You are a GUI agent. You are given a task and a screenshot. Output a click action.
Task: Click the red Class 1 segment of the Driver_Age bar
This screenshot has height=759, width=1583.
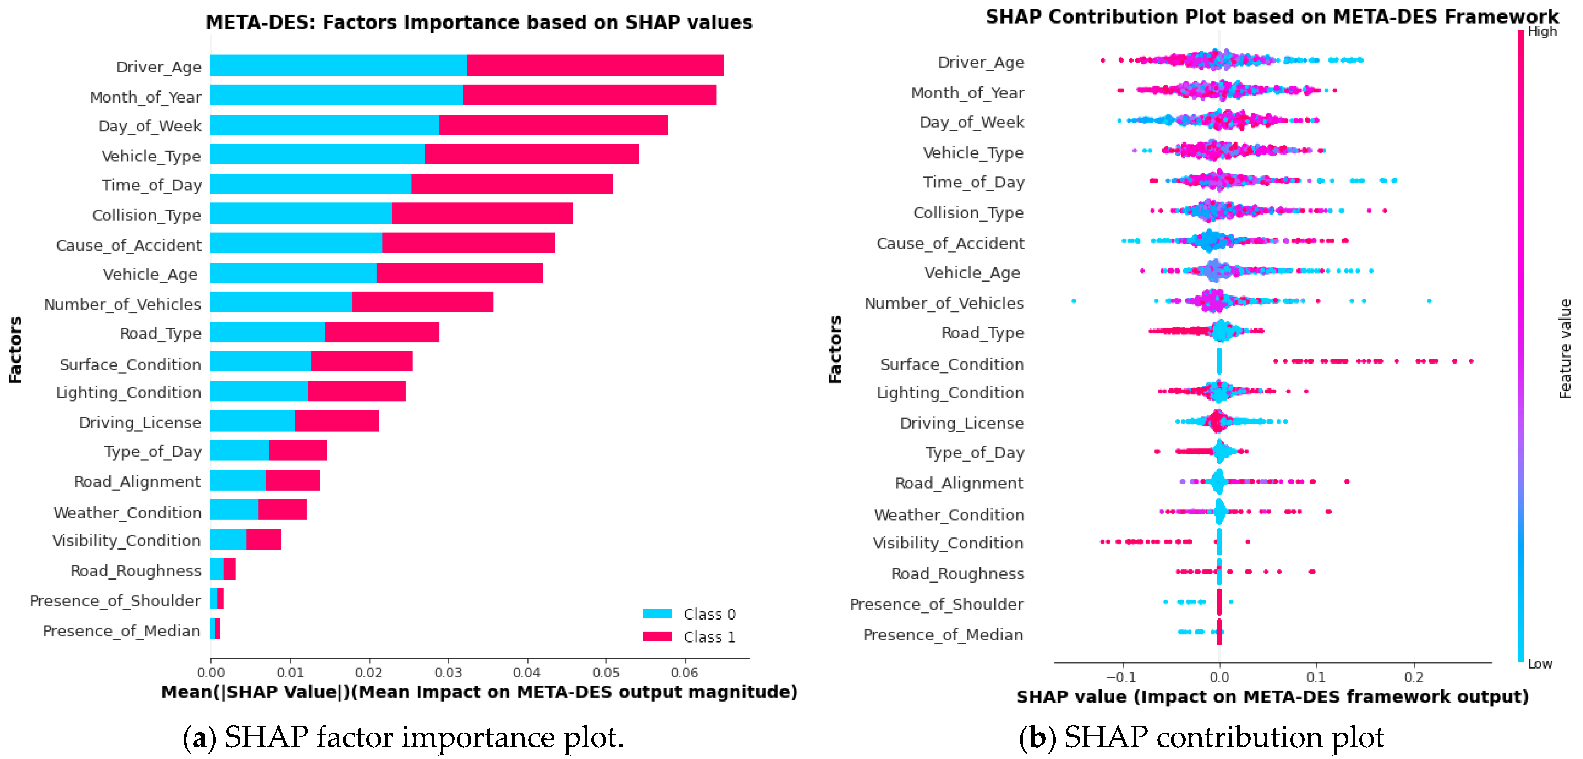pos(595,65)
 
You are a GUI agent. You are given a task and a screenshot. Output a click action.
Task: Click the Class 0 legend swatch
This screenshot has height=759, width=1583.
pos(657,613)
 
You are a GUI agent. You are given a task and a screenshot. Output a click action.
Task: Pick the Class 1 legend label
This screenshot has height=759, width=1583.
pos(709,637)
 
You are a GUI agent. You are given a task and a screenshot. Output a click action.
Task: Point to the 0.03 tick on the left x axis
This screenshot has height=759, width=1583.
pos(448,672)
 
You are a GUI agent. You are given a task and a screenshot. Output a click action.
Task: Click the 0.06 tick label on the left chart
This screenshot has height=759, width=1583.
pos(684,672)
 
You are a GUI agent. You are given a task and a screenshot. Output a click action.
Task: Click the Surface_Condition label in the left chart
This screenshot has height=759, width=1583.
pos(130,364)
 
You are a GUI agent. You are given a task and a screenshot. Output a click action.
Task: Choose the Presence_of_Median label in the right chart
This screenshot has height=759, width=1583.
pos(943,635)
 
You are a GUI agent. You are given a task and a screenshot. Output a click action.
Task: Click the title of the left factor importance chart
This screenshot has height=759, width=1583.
pos(479,22)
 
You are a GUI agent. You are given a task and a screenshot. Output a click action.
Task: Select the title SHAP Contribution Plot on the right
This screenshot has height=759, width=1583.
pos(1272,16)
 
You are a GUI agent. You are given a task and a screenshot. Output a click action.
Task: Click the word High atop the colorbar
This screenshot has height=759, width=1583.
pos(1542,31)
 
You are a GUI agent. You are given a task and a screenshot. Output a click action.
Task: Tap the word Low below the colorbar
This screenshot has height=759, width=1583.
pos(1539,664)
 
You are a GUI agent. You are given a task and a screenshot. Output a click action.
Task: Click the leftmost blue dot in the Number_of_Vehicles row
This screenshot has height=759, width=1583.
pos(1074,301)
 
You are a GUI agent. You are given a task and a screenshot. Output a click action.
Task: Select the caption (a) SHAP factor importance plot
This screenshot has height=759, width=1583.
pos(403,737)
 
